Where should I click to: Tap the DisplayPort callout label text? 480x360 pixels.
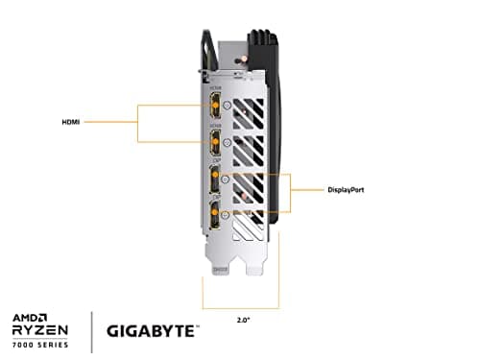coord(344,190)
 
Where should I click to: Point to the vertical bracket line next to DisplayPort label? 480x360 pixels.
coord(291,190)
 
